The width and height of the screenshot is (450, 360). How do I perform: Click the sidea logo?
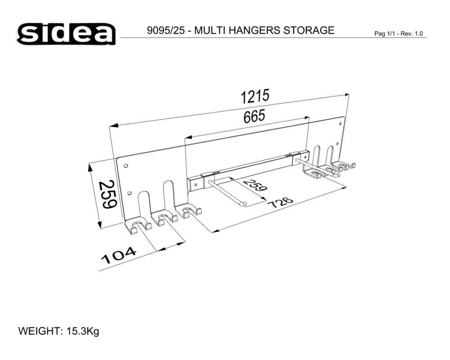[x=66, y=34]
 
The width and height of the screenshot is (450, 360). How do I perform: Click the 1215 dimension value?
[x=255, y=96]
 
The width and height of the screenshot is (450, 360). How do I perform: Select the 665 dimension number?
[x=254, y=117]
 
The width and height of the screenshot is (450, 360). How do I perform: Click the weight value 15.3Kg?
[x=83, y=332]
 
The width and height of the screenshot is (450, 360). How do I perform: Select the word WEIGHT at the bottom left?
[x=40, y=332]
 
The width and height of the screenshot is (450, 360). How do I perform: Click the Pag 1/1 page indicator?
[x=385, y=34]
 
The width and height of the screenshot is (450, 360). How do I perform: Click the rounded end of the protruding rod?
[x=243, y=204]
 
